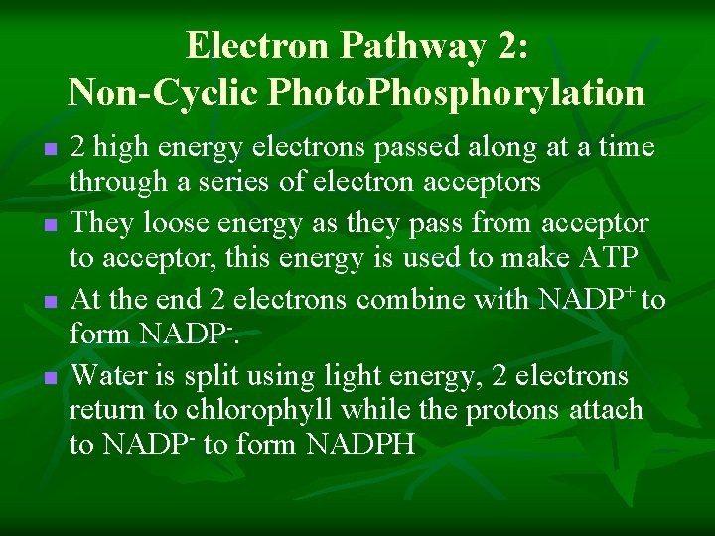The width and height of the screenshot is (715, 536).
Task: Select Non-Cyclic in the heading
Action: pos(161,92)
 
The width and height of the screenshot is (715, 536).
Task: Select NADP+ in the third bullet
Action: pos(587,298)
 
